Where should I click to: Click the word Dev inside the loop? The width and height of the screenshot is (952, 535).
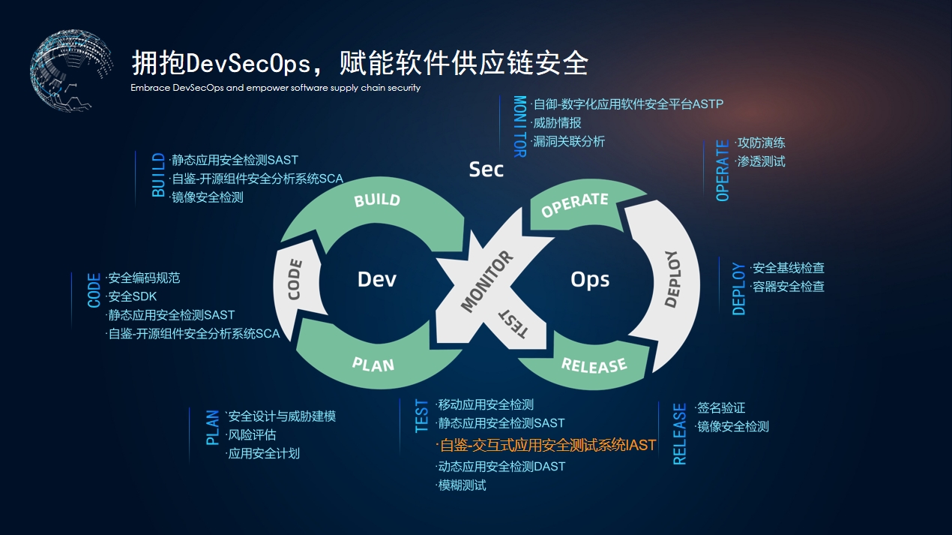pyautogui.click(x=376, y=279)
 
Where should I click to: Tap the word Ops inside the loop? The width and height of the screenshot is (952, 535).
pyautogui.click(x=590, y=279)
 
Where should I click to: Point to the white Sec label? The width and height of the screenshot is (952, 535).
pyautogui.click(x=486, y=170)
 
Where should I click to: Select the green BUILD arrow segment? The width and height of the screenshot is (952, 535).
pyautogui.click(x=377, y=200)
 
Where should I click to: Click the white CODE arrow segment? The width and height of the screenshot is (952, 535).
pyautogui.click(x=294, y=279)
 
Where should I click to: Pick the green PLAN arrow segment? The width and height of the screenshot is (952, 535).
pyautogui.click(x=373, y=365)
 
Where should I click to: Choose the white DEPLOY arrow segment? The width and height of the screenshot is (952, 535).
pyautogui.click(x=671, y=279)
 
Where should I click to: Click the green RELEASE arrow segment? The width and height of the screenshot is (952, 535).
pyautogui.click(x=594, y=365)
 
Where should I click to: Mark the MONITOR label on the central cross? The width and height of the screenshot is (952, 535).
pyautogui.click(x=486, y=282)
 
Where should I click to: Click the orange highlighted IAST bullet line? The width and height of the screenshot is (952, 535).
pyautogui.click(x=547, y=445)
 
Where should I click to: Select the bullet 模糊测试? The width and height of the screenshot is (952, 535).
pyautogui.click(x=462, y=485)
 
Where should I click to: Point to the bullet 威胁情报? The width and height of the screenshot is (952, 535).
pyautogui.click(x=556, y=122)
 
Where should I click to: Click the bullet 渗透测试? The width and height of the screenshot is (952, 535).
pyautogui.click(x=761, y=161)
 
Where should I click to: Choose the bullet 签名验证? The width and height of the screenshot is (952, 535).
pyautogui.click(x=720, y=407)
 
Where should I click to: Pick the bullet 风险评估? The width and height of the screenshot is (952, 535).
pyautogui.click(x=251, y=434)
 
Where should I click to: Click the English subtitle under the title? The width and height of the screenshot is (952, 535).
pyautogui.click(x=275, y=88)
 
